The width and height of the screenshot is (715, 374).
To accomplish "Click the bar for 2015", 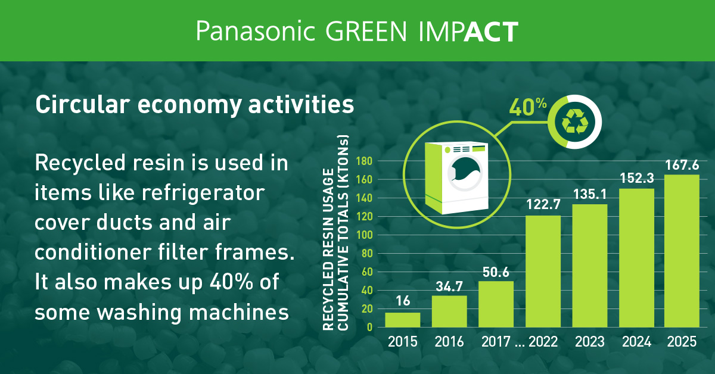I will point(402,320).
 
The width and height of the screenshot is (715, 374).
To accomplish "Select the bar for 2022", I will point(542,271).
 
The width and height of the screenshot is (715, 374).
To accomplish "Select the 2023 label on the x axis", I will point(589,342).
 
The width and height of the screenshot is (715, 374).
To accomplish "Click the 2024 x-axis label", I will point(636,342).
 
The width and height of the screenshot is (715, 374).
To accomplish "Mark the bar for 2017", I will point(496,304).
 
